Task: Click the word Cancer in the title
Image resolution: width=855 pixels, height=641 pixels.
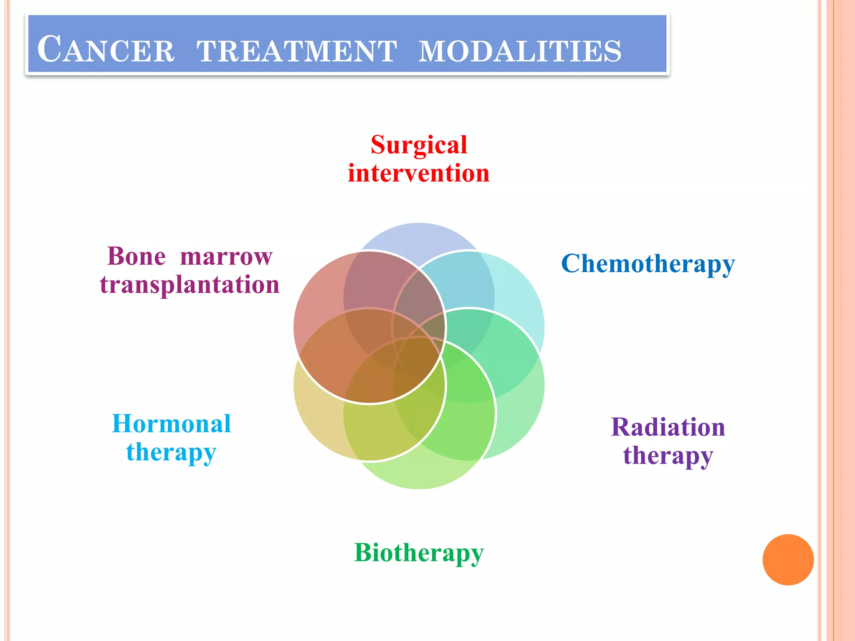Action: tap(106, 50)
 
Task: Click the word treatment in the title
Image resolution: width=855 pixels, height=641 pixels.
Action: tap(297, 51)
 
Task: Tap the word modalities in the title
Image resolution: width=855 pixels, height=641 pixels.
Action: tap(520, 51)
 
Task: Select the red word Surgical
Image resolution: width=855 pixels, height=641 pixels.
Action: tap(419, 145)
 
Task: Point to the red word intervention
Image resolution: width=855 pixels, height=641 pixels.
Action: tap(419, 173)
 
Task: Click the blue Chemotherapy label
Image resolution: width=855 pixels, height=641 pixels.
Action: tap(648, 264)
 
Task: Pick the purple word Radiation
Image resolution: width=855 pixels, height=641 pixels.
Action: tap(668, 427)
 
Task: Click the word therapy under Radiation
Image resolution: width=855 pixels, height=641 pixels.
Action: tap(668, 455)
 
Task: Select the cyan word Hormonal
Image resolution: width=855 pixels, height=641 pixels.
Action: tap(171, 424)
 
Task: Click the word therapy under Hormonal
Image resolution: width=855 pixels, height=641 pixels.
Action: tap(171, 452)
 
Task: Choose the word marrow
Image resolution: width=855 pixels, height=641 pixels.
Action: tap(226, 257)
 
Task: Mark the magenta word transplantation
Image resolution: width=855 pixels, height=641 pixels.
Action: tap(190, 285)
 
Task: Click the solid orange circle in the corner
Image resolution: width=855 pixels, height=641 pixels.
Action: tap(788, 560)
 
